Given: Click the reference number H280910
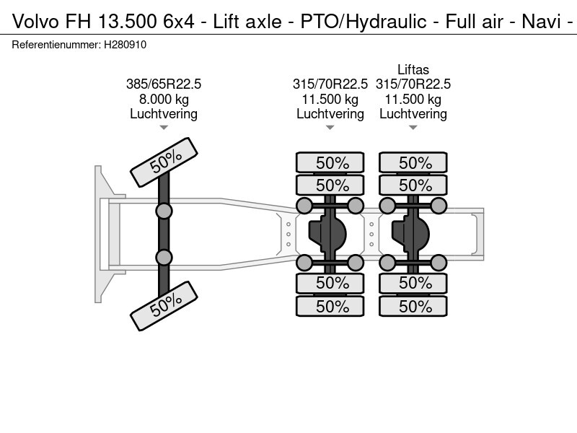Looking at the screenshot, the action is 125,45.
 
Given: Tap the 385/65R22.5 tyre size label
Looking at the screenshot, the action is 164,84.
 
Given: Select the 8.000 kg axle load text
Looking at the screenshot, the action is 164,99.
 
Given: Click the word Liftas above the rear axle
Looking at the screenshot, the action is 413,69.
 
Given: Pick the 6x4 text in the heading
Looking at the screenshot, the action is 179,22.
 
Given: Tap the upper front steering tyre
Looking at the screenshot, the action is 164,162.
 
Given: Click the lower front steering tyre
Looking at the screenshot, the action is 164,306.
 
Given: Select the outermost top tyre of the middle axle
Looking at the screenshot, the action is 330,162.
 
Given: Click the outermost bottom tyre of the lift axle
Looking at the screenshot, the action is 413,306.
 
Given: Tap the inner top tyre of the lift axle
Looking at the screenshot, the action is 413,185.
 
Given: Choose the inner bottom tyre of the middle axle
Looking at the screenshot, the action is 330,283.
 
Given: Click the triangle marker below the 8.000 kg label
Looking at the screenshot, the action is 164,128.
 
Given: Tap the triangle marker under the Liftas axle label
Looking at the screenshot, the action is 413,128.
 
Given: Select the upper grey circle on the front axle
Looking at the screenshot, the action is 164,211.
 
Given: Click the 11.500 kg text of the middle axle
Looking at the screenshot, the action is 330,99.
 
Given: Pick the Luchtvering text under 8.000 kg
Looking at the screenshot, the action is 164,114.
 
